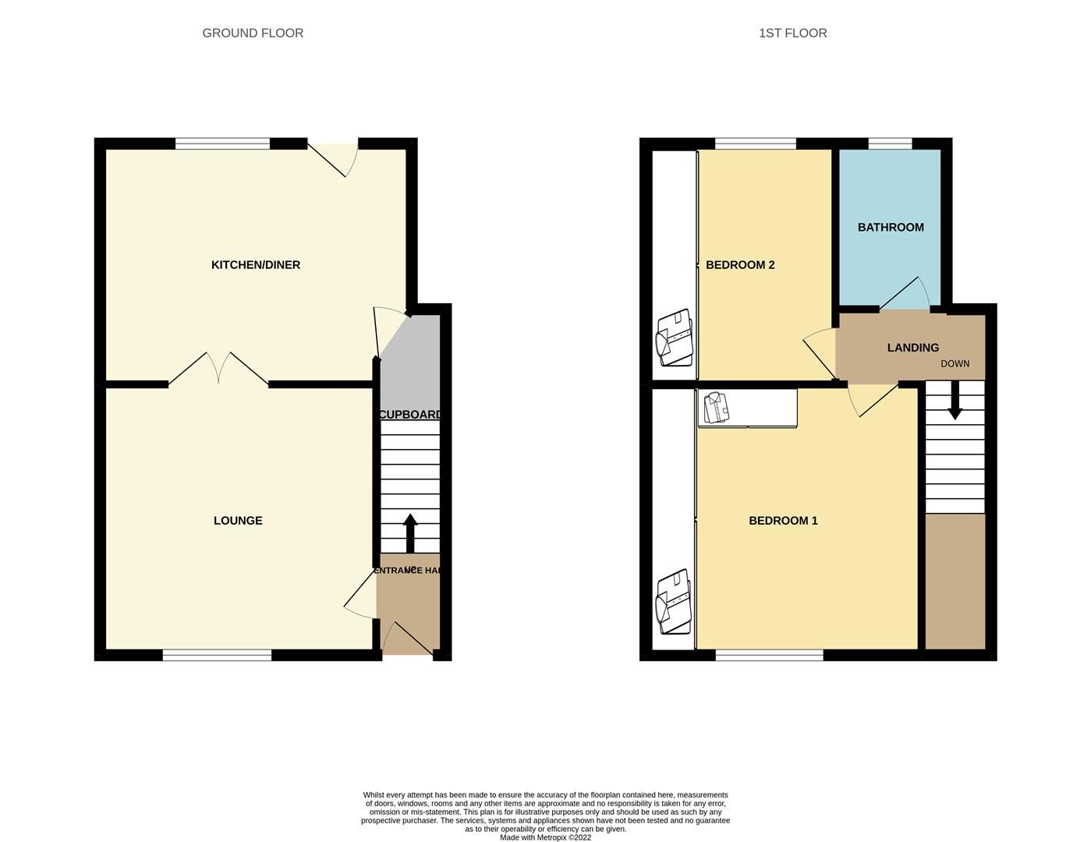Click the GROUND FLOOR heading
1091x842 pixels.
pyautogui.click(x=253, y=33)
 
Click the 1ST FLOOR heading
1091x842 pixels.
pyautogui.click(x=792, y=33)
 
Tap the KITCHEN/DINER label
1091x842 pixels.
pyautogui.click(x=256, y=265)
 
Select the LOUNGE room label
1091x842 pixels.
pyautogui.click(x=238, y=521)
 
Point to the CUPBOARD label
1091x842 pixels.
pyautogui.click(x=410, y=415)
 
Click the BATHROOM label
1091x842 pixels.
pyautogui.click(x=891, y=228)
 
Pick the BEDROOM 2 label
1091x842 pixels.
pyautogui.click(x=740, y=265)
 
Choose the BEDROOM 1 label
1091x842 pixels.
pyautogui.click(x=783, y=521)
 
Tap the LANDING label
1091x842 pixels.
pyautogui.click(x=912, y=348)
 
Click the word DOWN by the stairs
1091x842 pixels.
pyautogui.click(x=955, y=364)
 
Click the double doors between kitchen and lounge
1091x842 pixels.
pyautogui.click(x=219, y=370)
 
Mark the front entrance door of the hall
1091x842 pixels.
pyautogui.click(x=407, y=639)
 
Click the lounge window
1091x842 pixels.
pyautogui.click(x=217, y=655)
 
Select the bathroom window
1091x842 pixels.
pyautogui.click(x=890, y=143)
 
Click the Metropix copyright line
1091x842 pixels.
pyautogui.click(x=545, y=837)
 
